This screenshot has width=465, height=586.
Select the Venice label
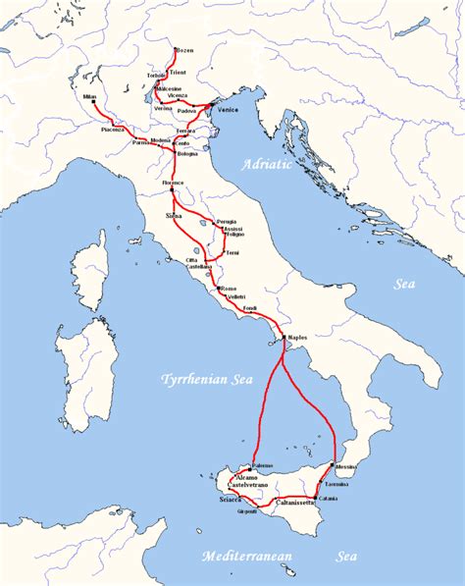227,110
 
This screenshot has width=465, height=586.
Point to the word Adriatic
266,165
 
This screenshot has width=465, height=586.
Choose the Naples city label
297,338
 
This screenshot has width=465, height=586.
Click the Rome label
229,288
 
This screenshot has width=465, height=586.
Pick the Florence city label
173,185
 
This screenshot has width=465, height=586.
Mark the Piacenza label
114,130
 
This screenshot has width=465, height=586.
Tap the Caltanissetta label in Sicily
293,502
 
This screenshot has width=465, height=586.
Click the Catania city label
328,499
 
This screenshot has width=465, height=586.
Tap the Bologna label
187,154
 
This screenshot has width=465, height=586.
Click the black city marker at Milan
94,103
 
